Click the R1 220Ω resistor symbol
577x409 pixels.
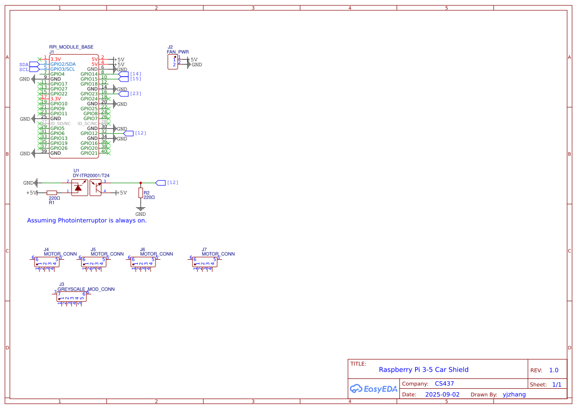click(x=52, y=193)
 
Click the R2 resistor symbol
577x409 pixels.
click(x=141, y=192)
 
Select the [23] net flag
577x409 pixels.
click(x=123, y=93)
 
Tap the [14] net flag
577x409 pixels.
click(x=123, y=74)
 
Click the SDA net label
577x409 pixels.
click(x=24, y=64)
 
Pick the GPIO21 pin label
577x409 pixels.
click(x=89, y=153)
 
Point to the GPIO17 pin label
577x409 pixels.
click(x=59, y=84)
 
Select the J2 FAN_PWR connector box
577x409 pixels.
click(x=173, y=62)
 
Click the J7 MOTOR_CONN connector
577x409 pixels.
click(x=204, y=262)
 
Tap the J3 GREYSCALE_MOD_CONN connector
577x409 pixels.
click(x=72, y=296)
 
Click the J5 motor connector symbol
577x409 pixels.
click(x=93, y=262)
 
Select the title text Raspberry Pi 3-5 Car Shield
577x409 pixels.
click(x=423, y=369)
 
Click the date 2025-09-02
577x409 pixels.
click(x=442, y=395)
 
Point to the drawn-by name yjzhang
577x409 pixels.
click(x=514, y=395)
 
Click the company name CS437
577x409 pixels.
click(x=444, y=383)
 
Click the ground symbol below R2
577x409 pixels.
click(x=141, y=208)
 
